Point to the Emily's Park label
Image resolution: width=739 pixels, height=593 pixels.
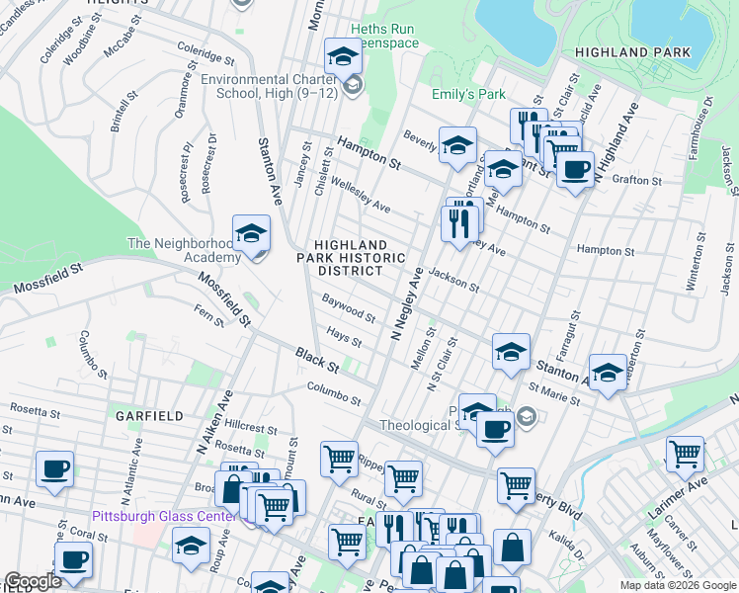point(468,95)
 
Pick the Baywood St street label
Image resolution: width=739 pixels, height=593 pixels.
point(349,307)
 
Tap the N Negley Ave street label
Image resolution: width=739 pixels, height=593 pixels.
point(406,303)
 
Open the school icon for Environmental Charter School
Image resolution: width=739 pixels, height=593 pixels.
point(343,57)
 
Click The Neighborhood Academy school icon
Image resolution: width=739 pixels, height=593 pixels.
point(251,234)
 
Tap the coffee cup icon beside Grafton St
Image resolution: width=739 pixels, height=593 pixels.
point(575,168)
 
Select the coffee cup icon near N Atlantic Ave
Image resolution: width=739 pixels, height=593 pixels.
point(55,468)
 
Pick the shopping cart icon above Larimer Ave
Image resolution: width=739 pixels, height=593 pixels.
point(684,454)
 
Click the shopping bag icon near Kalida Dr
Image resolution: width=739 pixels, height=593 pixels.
point(512,547)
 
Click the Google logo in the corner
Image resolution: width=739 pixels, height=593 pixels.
point(33,581)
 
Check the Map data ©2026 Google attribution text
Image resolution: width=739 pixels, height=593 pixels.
point(677,585)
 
